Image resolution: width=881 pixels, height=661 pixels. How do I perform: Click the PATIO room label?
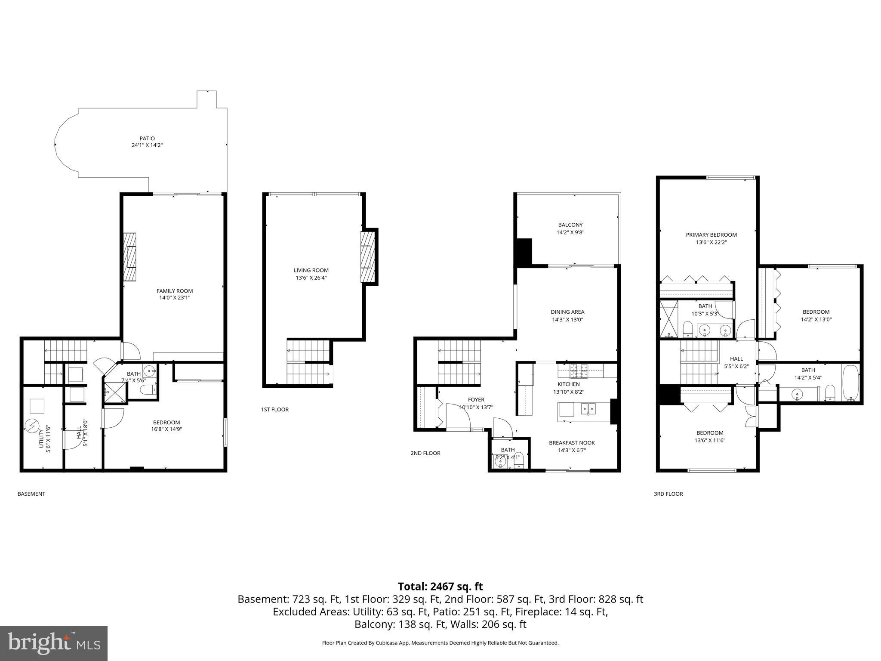click(x=147, y=139)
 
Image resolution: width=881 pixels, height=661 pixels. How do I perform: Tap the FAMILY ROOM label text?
click(x=175, y=291)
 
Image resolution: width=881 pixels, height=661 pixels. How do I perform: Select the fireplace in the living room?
click(x=368, y=257)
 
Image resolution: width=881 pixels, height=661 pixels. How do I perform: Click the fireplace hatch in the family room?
click(x=129, y=257)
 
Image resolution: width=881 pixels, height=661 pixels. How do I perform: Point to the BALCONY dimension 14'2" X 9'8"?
click(x=570, y=232)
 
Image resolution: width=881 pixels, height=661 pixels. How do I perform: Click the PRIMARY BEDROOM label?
click(x=711, y=235)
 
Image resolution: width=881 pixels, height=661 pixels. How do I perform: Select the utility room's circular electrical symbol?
click(x=32, y=426)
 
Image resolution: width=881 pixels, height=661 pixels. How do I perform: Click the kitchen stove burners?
click(x=579, y=368)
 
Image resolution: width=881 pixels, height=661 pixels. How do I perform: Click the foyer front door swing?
click(x=458, y=417)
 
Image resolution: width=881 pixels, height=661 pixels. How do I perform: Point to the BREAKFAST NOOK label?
click(x=572, y=443)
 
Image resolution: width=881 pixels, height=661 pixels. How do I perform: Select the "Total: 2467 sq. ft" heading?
click(x=440, y=587)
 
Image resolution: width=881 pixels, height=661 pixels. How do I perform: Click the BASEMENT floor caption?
click(x=31, y=494)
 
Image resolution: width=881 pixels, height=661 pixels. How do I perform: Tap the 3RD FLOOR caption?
click(x=668, y=494)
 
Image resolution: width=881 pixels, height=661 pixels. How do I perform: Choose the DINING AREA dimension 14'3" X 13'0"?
click(x=567, y=320)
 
